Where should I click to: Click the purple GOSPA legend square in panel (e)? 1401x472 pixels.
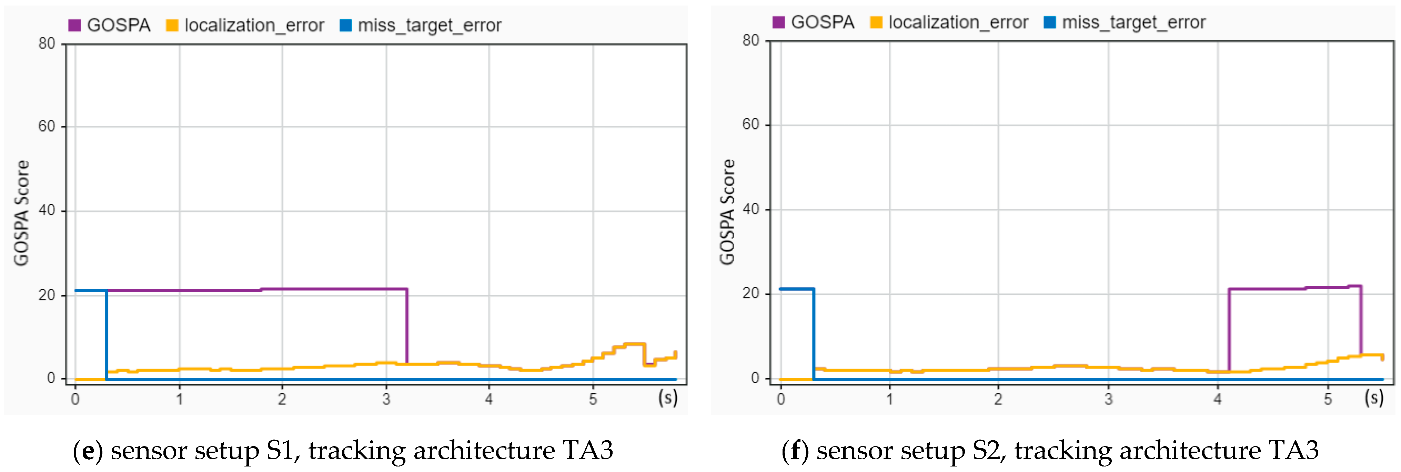[x=74, y=25]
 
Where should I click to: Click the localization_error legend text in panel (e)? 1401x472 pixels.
[x=254, y=25]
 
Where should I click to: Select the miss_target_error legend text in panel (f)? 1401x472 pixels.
[x=1134, y=22]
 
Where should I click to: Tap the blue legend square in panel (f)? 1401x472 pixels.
[x=1050, y=22]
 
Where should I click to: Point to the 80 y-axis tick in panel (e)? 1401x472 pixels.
[x=47, y=43]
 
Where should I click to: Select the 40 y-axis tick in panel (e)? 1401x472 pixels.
[x=47, y=211]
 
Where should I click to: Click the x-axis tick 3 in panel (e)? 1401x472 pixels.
[x=386, y=399]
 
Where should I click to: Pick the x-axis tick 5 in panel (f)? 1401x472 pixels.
[x=1328, y=399]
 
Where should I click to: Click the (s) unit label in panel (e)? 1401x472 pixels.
[x=667, y=398]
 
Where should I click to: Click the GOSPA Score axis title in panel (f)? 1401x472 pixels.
[x=727, y=212]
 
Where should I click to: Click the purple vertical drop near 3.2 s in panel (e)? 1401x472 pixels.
[x=407, y=327]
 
